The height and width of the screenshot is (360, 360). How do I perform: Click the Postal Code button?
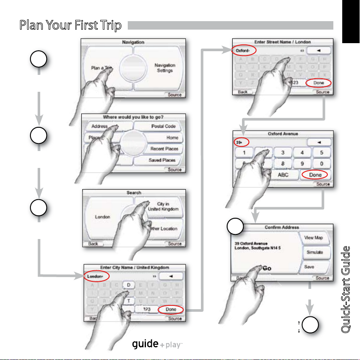pos(163,126)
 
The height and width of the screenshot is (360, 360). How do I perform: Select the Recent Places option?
pos(164,149)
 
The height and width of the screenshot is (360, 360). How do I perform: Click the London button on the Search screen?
pos(102,217)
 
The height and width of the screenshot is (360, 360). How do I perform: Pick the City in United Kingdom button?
pos(163,206)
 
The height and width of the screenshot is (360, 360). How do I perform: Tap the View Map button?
pos(314,238)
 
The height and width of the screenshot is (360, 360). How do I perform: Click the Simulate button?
pos(314,252)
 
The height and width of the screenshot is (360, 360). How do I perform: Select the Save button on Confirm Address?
pos(309,267)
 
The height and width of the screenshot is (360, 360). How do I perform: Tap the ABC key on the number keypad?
pos(283,175)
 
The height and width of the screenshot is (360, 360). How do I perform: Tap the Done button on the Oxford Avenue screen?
pos(315,175)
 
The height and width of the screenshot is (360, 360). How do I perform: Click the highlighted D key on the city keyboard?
pos(128,286)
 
